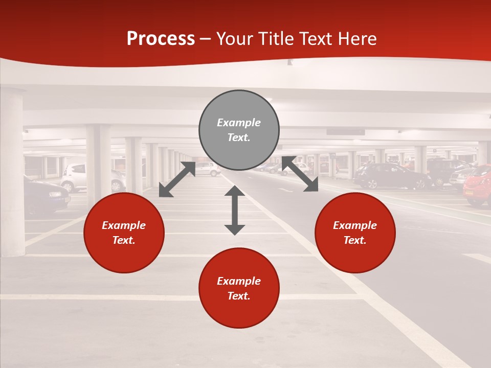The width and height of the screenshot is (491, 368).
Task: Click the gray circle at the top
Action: click(239, 130)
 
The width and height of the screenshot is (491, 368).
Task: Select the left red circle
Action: click(124, 233)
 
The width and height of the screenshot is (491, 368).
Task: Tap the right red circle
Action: click(355, 233)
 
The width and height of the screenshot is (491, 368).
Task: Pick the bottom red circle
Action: click(239, 288)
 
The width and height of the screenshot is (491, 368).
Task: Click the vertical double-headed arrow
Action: click(235, 210)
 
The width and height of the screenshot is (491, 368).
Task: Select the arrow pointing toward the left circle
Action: click(177, 179)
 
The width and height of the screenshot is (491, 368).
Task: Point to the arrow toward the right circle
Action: click(300, 174)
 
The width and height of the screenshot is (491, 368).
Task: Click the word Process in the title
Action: click(161, 39)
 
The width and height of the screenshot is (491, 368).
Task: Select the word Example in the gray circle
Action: click(239, 123)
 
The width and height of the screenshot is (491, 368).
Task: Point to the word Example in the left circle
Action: click(124, 225)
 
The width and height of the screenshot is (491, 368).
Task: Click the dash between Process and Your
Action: click(205, 39)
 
